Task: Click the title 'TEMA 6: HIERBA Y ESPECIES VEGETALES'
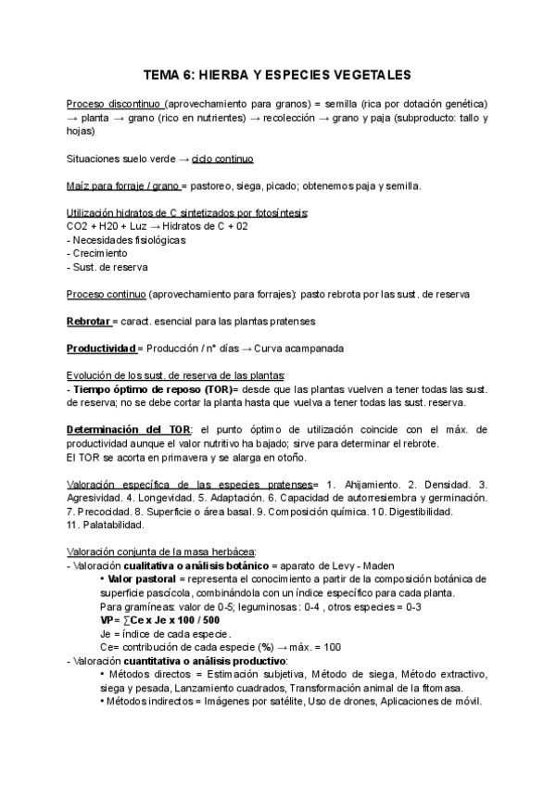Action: tap(277, 71)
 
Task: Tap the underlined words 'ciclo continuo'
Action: tap(222, 159)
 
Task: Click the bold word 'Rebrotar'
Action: tap(87, 321)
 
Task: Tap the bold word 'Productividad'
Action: tap(101, 349)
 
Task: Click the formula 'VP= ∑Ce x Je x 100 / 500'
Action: tap(160, 620)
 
